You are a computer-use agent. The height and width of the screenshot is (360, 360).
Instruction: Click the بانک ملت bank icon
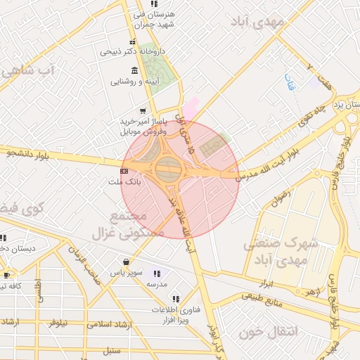[124, 170]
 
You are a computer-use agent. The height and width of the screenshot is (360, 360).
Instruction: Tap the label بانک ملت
[124, 181]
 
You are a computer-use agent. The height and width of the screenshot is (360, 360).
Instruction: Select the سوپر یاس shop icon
[125, 261]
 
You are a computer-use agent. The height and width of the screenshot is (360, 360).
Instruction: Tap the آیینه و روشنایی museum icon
[134, 70]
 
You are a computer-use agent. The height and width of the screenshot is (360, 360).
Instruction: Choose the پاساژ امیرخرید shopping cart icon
[143, 110]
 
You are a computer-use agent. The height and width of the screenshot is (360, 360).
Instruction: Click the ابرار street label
[266, 283]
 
